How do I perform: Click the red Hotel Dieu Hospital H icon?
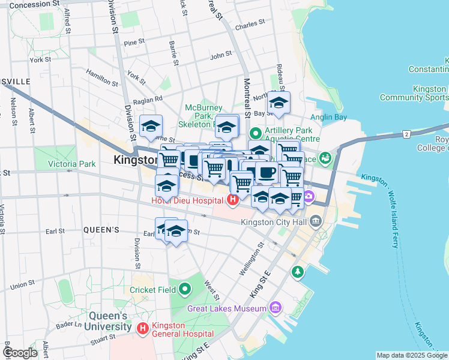[232, 199]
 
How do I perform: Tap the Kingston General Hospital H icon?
[143, 328]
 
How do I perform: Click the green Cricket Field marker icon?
[185, 290]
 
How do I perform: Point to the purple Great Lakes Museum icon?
[276, 308]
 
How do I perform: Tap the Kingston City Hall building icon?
[316, 223]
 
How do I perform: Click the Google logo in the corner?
[20, 353]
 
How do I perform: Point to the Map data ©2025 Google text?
[411, 355]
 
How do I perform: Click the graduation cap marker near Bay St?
[279, 103]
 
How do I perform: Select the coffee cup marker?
[267, 173]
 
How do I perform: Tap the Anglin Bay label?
[328, 117]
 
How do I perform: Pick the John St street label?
[221, 55]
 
